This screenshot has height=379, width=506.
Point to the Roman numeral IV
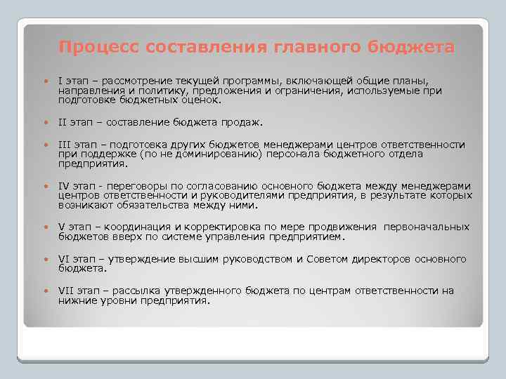[x=63, y=186]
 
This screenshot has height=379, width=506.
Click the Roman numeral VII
[x=65, y=291]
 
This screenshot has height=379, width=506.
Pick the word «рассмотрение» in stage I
[x=134, y=80]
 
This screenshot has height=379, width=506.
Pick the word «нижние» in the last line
[x=77, y=300]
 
